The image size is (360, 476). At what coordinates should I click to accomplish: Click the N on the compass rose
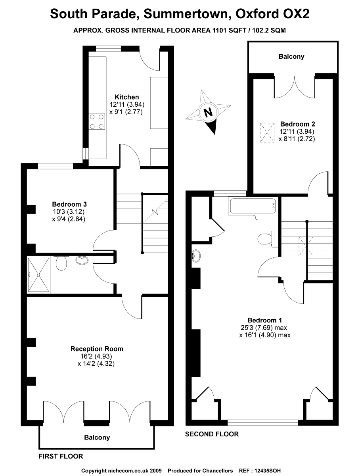pyautogui.click(x=208, y=113)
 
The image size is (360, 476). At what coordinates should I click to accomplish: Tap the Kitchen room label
pyautogui.click(x=126, y=97)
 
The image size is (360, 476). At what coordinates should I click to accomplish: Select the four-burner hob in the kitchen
pyautogui.click(x=97, y=122)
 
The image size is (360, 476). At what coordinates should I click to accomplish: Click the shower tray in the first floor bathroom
pyautogui.click(x=38, y=274)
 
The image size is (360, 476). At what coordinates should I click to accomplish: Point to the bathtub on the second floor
pyautogui.click(x=253, y=206)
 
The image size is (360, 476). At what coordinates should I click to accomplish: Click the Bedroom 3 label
pyautogui.click(x=69, y=204)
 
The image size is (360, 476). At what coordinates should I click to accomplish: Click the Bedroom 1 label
pyautogui.click(x=264, y=320)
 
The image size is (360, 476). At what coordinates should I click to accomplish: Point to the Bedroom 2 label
pyautogui.click(x=297, y=124)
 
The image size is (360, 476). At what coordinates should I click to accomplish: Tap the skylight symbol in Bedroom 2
pyautogui.click(x=267, y=132)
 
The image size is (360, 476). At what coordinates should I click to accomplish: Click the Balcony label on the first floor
pyautogui.click(x=97, y=438)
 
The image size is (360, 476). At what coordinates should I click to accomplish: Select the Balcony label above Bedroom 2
pyautogui.click(x=291, y=56)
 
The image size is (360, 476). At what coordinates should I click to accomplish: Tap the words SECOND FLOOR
pyautogui.click(x=212, y=434)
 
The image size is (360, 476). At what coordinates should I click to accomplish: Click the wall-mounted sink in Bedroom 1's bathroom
pyautogui.click(x=196, y=256)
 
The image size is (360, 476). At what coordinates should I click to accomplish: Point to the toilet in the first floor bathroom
pyautogui.click(x=61, y=263)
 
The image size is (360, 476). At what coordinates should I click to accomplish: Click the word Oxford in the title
pyautogui.click(x=257, y=13)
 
